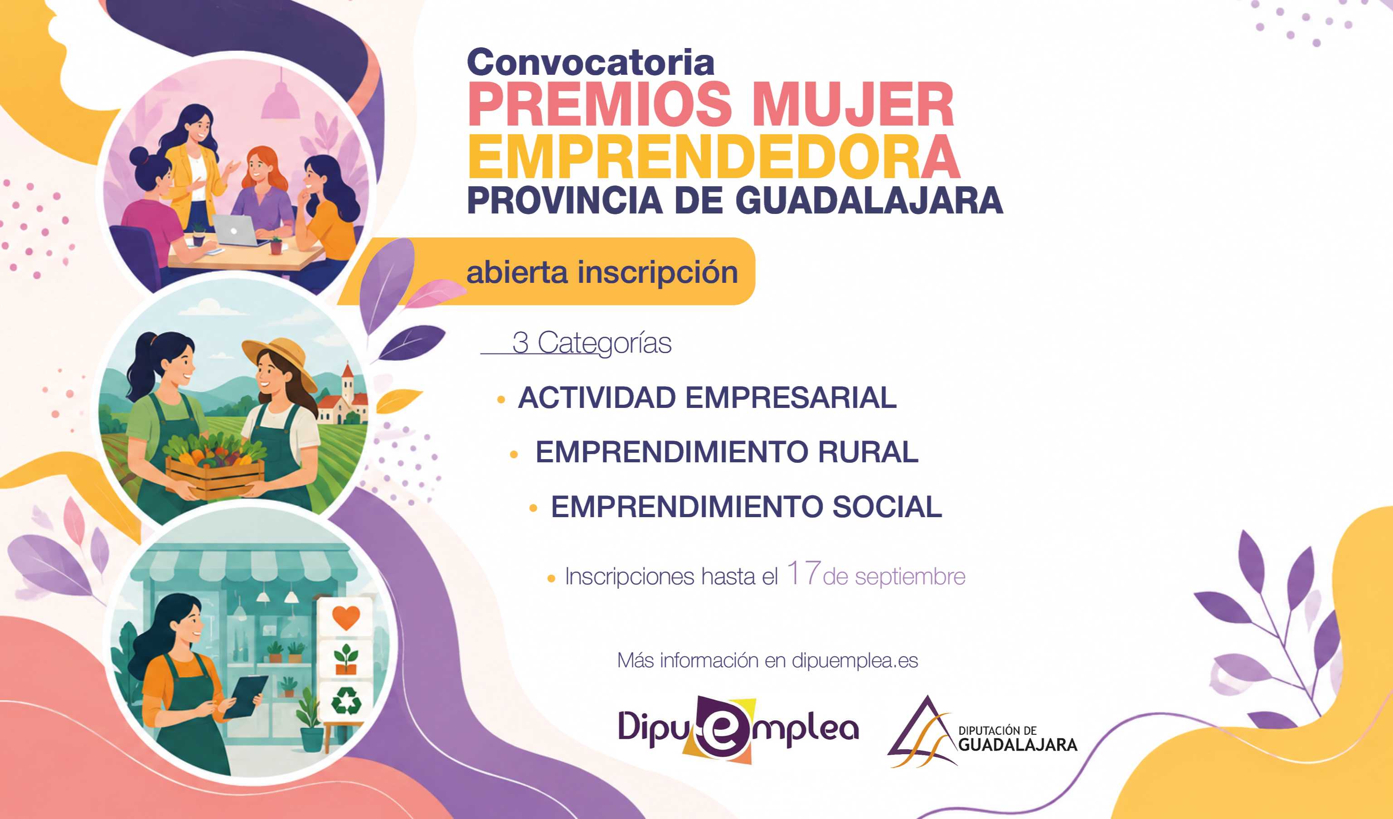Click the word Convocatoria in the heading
(590, 62)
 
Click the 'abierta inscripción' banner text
(602, 272)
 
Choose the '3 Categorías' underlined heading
(592, 343)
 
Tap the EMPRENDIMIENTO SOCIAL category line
(746, 506)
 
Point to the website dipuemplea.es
(854, 661)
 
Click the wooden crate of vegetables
(216, 471)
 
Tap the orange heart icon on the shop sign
(346, 617)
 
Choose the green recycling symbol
(346, 701)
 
